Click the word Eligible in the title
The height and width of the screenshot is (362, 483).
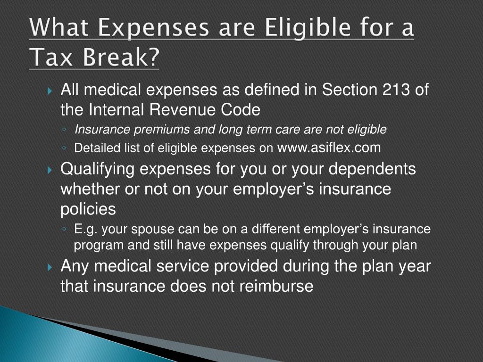coord(308,28)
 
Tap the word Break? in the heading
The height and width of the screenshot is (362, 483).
coord(121,57)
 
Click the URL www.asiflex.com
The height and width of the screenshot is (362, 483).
coord(329,148)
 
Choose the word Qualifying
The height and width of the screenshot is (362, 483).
coord(97,170)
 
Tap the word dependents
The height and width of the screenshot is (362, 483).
coord(372,169)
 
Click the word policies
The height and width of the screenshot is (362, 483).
coord(88,209)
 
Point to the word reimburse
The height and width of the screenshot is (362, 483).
coord(276,286)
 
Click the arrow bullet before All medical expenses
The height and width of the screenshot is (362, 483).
coord(50,91)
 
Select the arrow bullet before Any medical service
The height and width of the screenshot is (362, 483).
coord(50,268)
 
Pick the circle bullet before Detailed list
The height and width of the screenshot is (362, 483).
coord(64,148)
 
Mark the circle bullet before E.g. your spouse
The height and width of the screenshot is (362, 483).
coord(64,230)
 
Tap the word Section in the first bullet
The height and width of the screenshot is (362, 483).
coord(350,90)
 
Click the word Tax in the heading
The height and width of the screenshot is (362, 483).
coord(51,57)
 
